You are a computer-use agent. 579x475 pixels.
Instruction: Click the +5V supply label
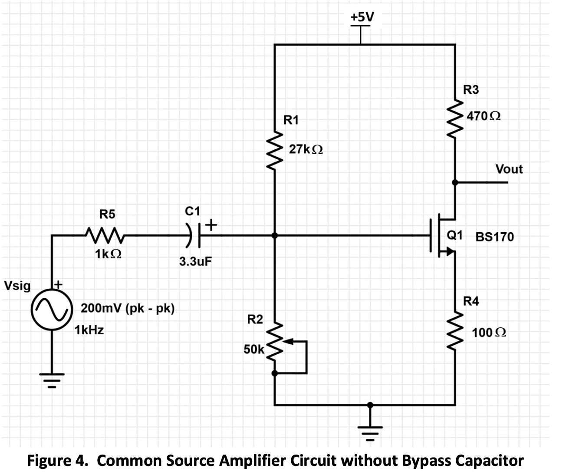[362, 16]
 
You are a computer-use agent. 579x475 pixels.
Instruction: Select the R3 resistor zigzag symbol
[455, 119]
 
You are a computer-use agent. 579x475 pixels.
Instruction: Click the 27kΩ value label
[306, 149]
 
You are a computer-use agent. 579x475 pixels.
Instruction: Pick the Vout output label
[509, 169]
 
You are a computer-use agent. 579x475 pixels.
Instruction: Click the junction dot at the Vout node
[455, 182]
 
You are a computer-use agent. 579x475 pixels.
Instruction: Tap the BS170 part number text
[494, 237]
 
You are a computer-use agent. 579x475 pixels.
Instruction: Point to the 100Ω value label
[489, 333]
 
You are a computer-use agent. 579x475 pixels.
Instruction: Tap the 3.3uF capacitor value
[196, 262]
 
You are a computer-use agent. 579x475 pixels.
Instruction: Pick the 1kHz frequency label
[89, 330]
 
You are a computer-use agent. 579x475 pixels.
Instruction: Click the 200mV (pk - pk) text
[128, 309]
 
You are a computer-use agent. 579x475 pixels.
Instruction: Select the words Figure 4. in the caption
[59, 460]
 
